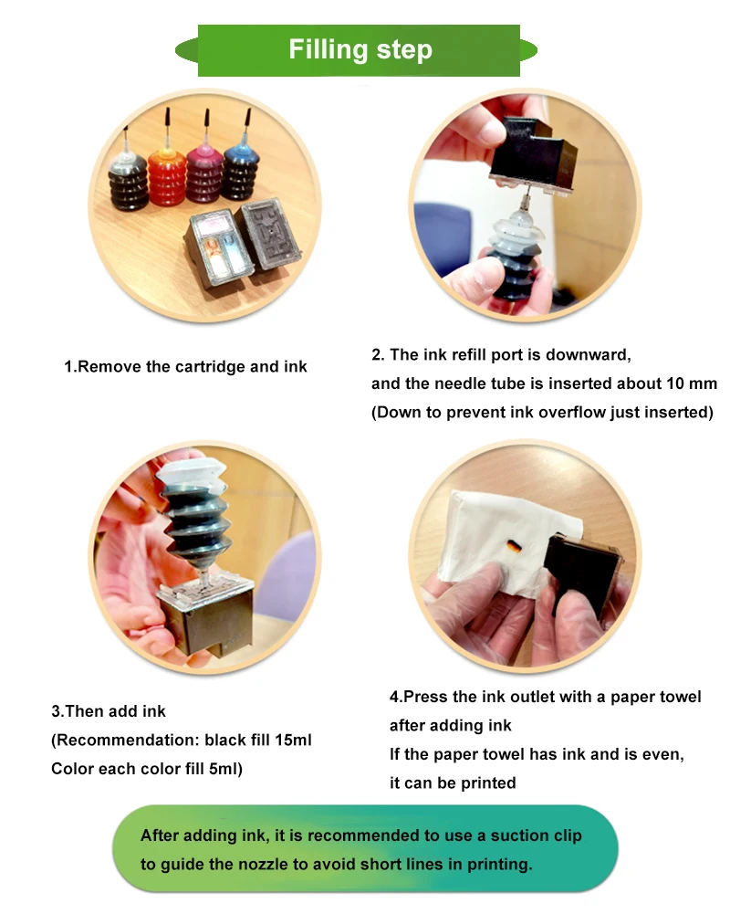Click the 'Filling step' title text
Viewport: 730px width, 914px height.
coord(360,49)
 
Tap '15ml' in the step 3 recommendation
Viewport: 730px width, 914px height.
coord(289,740)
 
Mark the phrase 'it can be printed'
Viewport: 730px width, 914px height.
coord(453,783)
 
